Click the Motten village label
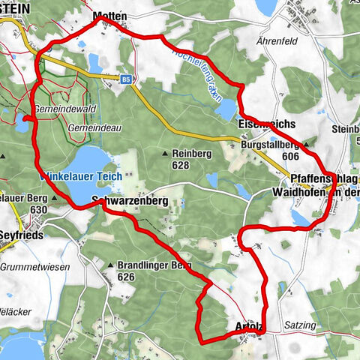109,16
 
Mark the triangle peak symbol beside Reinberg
165,154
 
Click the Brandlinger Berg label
154,265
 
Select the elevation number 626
125,277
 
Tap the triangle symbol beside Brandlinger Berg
111,265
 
